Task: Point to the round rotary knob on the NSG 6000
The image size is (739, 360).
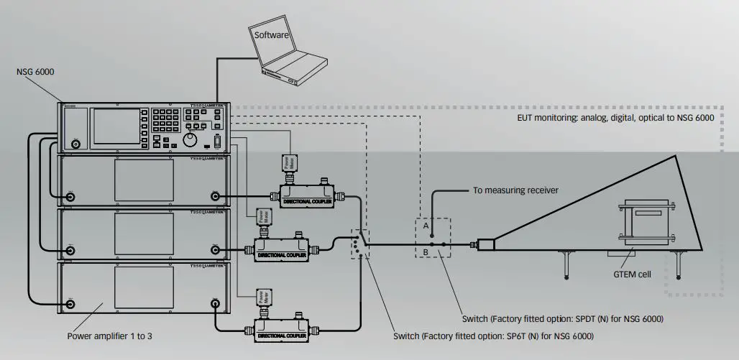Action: point(191,138)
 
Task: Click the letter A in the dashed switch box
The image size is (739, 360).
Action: point(426,225)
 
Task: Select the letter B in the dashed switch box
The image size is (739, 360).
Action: point(426,253)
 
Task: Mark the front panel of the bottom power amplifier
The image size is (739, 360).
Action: point(143,288)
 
